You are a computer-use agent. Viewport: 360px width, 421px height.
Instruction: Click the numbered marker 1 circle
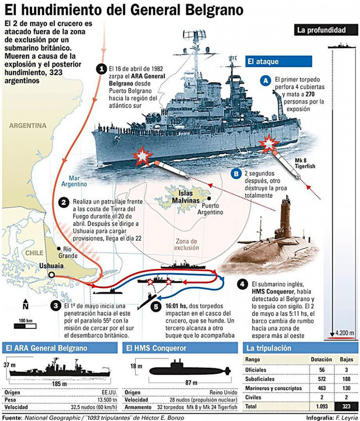pos(101,69)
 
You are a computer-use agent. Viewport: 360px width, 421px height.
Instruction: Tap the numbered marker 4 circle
pos(243,284)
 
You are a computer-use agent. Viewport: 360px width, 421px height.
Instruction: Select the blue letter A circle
pos(265,81)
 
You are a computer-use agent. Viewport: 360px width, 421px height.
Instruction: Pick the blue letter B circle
pos(236,174)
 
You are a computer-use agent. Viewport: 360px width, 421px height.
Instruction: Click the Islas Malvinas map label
pos(186,197)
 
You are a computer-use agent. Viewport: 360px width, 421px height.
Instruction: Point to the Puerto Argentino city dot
pos(209,199)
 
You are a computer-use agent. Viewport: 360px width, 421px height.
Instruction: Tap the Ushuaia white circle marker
pos(51,275)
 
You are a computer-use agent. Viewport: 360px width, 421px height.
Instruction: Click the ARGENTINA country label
pos(27,125)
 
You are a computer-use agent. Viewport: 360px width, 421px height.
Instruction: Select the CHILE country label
pos(34,253)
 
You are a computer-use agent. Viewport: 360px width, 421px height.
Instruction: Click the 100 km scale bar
pos(25,326)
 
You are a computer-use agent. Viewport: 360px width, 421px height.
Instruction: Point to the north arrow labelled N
pos(26,304)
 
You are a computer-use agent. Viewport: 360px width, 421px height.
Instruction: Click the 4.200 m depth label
pos(345,333)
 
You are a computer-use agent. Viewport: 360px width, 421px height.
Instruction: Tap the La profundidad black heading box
pos(322,30)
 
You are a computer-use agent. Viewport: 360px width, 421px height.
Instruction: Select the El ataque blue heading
pos(279,62)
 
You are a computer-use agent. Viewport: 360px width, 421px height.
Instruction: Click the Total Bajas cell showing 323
pos(346,406)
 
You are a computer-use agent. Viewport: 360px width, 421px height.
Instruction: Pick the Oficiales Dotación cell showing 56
pos(322,370)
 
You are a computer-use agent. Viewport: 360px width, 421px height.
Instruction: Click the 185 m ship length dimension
pos(59,384)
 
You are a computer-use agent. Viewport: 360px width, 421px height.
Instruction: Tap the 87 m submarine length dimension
pos(191,382)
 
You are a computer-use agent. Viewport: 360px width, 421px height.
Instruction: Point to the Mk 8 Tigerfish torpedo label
pos(305,163)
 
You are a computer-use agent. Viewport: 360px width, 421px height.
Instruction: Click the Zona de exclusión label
pos(187,244)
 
